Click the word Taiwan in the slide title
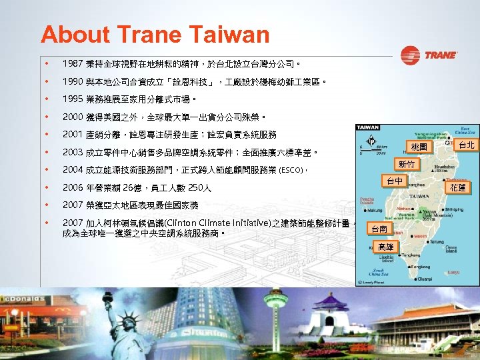click(x=227, y=35)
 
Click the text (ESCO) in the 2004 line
click(x=291, y=170)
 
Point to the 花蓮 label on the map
click(x=458, y=189)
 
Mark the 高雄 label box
click(x=385, y=247)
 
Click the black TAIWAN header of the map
click(x=368, y=127)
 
